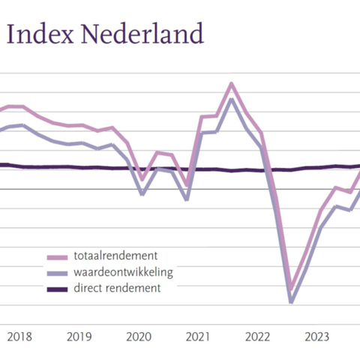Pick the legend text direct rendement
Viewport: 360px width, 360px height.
117,287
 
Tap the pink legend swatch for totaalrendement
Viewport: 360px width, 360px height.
57,256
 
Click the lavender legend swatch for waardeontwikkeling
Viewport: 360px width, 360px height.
57,272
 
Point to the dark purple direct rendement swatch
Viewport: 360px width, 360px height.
57,288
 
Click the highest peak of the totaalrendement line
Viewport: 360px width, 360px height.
231,83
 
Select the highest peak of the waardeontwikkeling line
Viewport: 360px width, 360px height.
232,99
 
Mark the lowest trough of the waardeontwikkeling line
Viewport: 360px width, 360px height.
291,301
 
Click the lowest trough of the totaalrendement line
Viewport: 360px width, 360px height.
291,288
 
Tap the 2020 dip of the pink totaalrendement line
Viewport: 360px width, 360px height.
142,178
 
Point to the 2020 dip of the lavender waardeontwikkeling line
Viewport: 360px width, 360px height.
142,193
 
